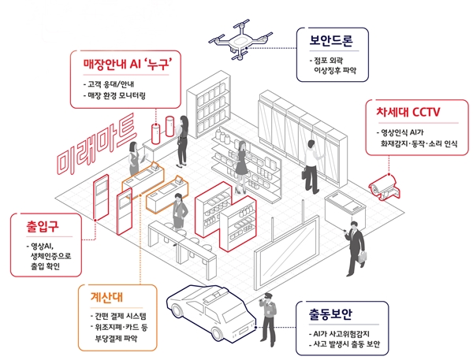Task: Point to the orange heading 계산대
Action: click(103, 299)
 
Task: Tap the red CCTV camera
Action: click(389, 182)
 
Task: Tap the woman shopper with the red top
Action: click(240, 161)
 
